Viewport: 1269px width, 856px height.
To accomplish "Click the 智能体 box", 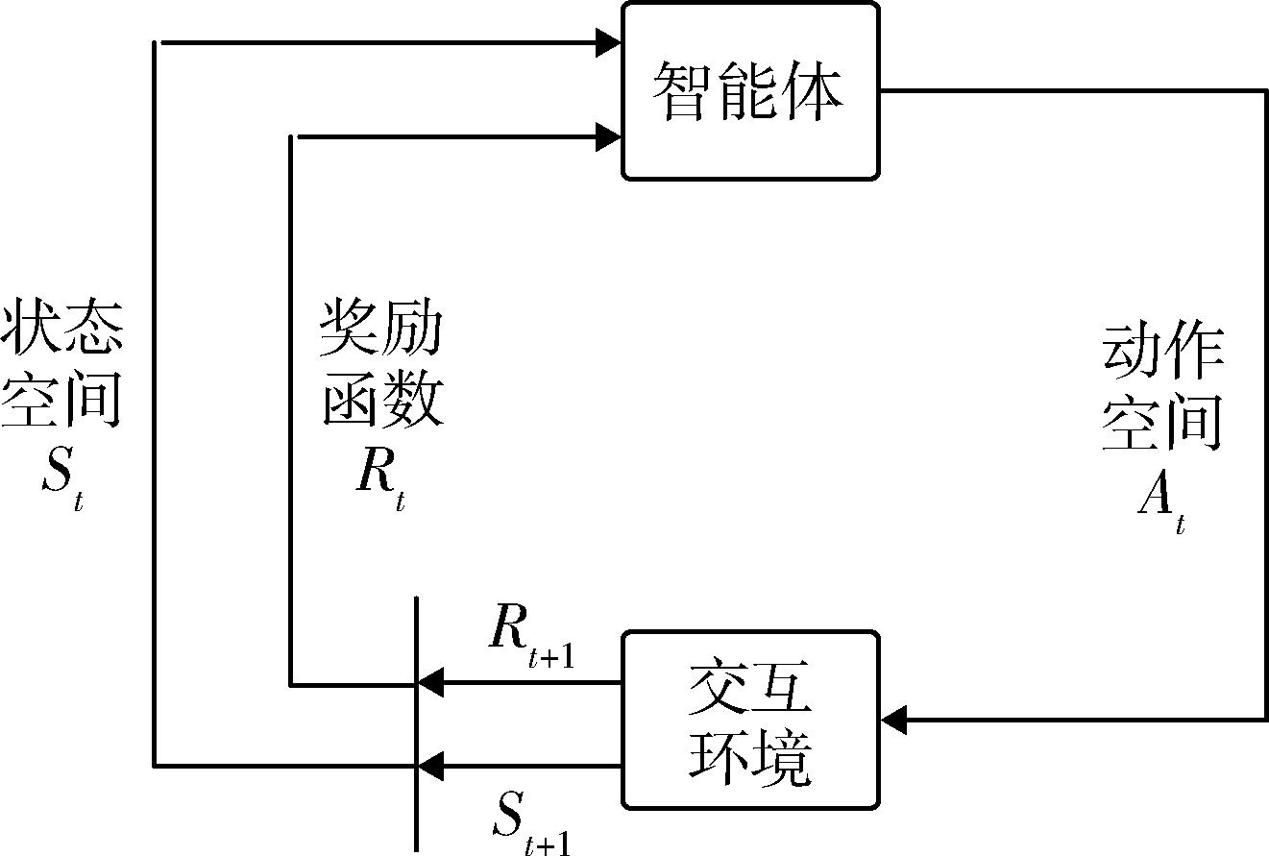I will pyautogui.click(x=750, y=90).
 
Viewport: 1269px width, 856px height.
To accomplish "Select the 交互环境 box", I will pyautogui.click(x=750, y=720).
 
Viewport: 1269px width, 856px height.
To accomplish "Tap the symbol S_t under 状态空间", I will pyautogui.click(x=62, y=471).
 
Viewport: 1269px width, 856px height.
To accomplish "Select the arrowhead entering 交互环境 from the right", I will pyautogui.click(x=893, y=719).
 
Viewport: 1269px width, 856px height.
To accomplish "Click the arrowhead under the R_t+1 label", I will pyautogui.click(x=429, y=684).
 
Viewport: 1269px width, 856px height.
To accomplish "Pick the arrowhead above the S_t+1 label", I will pyautogui.click(x=429, y=766).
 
